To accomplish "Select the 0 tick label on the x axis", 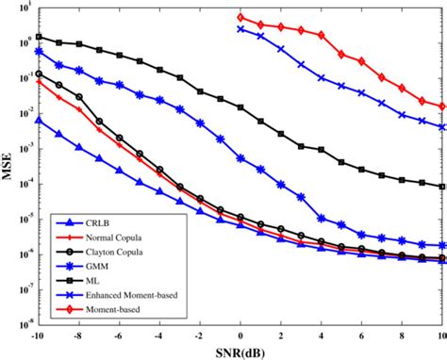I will (240, 336).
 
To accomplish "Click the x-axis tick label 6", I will (362, 336).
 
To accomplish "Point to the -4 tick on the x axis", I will (158, 336).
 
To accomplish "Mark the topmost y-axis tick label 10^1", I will (23, 11).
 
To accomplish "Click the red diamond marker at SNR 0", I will (240, 17).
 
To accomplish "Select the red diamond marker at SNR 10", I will (443, 106).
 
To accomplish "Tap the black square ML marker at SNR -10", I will (38, 38).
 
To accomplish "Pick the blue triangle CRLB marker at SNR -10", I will (38, 120).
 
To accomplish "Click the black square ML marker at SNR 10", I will (443, 186).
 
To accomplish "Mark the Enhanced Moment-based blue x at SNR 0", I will (240, 29).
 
